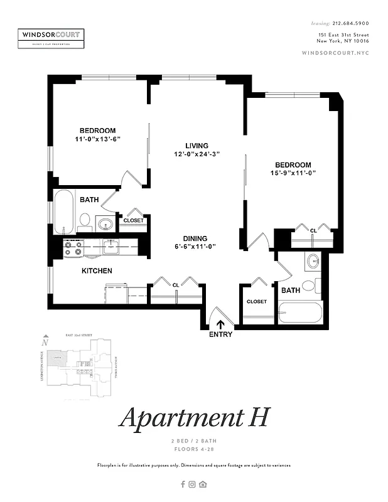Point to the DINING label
tap(195, 238)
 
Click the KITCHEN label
tap(97, 271)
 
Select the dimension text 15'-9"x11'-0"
tap(293, 173)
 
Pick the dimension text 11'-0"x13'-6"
tap(97, 139)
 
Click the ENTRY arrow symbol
tap(220, 324)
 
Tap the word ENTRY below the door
tap(220, 334)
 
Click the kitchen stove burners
tap(73, 248)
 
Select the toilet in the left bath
tap(85, 220)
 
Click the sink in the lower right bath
tap(313, 261)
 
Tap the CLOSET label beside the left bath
tap(133, 220)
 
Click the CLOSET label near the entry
tap(256, 302)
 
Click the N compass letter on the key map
tap(45, 343)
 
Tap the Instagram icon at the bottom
tap(193, 484)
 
